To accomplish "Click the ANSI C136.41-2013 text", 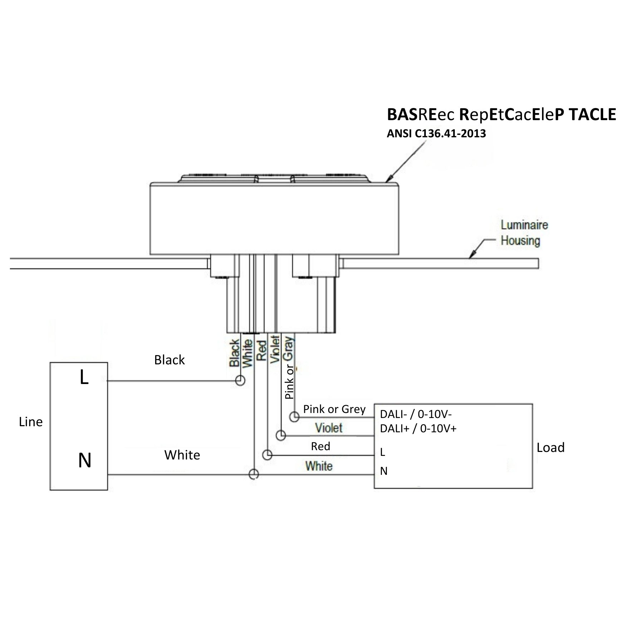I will (x=436, y=134).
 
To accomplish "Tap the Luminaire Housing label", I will (x=524, y=233).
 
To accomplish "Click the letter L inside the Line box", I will (x=84, y=378).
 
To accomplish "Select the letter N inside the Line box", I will (x=85, y=461).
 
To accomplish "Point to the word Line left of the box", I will (x=31, y=422).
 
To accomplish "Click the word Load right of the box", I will (x=550, y=448).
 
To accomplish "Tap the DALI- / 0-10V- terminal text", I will (x=416, y=414).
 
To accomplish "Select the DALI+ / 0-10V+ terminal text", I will (x=418, y=428).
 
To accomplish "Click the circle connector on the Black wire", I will (x=240, y=380).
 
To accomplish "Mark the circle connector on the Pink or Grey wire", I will (x=294, y=417).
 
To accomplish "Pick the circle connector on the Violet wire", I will (x=281, y=436).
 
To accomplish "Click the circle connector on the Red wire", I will (x=267, y=455).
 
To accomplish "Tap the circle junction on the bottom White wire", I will (x=254, y=474).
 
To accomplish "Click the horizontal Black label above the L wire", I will (x=169, y=360).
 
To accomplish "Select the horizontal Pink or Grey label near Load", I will (x=334, y=409).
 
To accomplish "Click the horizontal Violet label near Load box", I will (x=329, y=428).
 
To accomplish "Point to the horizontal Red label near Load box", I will (x=320, y=446).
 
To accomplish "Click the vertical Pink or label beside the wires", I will (x=289, y=382).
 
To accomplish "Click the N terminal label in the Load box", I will (x=384, y=471).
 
